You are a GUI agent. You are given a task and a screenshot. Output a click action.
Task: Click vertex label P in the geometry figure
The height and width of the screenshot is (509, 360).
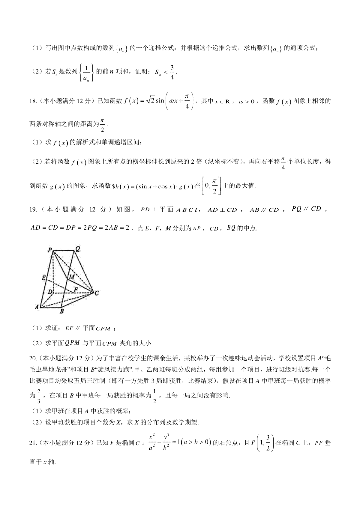(49, 249)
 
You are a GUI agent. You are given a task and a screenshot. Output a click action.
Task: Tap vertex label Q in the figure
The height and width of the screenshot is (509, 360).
(78, 249)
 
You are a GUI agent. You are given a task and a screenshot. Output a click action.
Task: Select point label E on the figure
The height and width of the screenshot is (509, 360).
(43, 278)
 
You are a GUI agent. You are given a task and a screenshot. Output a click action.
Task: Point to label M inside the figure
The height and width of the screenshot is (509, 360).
(72, 277)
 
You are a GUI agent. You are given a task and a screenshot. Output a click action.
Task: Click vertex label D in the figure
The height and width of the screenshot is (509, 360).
(50, 291)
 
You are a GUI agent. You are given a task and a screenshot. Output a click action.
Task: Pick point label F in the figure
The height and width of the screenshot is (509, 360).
(76, 290)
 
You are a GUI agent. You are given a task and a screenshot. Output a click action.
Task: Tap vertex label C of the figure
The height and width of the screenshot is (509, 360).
(97, 293)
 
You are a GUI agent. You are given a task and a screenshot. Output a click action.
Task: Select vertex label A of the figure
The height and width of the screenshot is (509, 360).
(37, 307)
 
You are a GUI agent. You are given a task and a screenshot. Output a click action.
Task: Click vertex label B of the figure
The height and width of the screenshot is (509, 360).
(62, 311)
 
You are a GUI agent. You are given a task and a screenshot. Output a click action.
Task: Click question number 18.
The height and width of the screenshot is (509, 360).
(33, 101)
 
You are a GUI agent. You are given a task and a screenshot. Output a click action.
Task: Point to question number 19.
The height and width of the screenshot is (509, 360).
(33, 210)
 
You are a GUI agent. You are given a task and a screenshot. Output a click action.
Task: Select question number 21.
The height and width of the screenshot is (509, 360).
(33, 442)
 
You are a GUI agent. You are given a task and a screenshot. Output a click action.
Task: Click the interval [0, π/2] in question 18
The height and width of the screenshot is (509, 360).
(212, 186)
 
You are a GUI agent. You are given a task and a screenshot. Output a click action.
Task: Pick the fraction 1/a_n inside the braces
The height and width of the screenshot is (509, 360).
(86, 72)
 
